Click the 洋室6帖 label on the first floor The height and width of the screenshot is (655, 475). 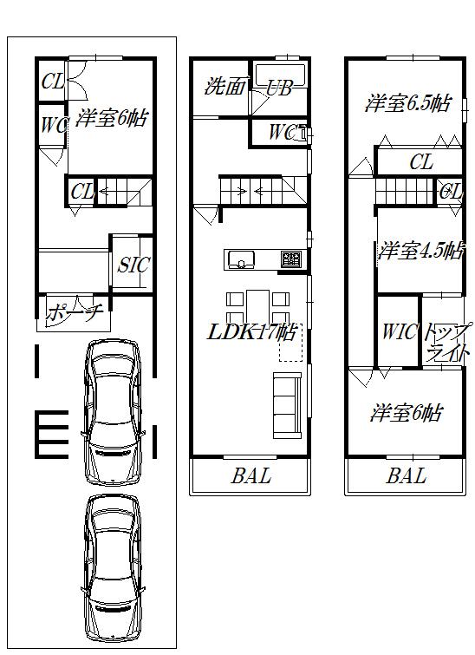110,118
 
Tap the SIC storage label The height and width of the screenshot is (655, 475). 133,265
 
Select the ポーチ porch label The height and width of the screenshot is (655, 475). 75,312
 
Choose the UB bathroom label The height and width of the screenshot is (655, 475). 278,88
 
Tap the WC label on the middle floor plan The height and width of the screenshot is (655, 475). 280,133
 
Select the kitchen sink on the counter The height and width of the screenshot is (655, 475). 240,259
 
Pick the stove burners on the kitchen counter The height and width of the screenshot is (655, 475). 290,259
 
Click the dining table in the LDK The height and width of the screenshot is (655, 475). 257,305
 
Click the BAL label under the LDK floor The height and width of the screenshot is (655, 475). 251,476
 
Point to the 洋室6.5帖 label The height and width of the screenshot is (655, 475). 407,104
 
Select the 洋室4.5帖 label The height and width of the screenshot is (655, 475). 420,252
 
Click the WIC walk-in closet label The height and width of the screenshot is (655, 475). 398,331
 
